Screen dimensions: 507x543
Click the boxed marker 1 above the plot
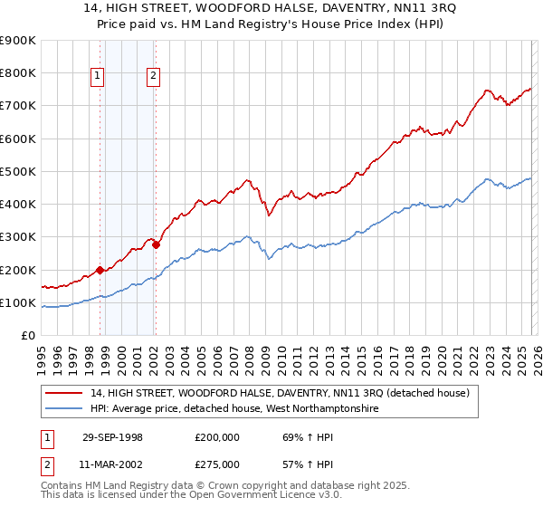[97, 76]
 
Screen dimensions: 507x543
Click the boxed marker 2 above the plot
[153, 76]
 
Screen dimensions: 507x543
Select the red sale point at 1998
[100, 270]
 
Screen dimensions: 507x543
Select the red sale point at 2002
[156, 244]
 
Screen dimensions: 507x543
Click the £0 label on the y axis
[27, 335]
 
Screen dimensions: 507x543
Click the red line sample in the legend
[64, 394]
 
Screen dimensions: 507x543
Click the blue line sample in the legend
[64, 409]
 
